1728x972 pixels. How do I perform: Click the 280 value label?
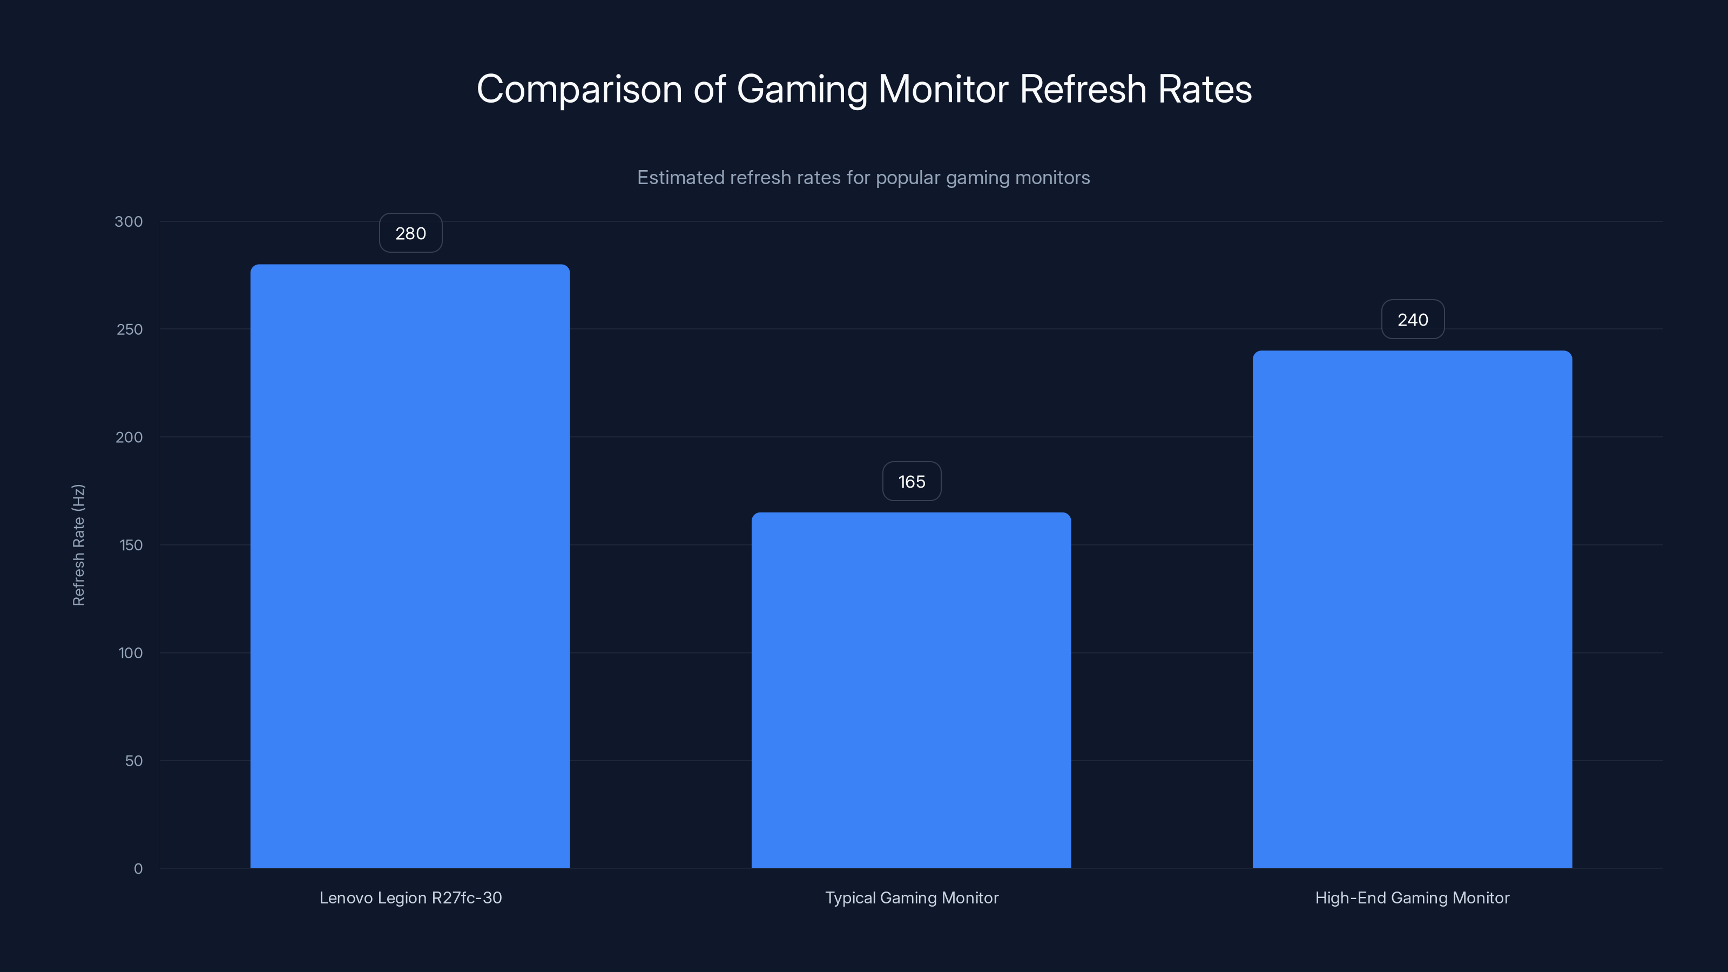(410, 233)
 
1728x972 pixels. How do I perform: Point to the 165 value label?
(912, 482)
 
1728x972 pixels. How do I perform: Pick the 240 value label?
(1413, 320)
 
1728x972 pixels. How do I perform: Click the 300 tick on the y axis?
(129, 222)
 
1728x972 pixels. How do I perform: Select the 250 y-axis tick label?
(130, 329)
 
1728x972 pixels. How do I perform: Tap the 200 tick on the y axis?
(130, 437)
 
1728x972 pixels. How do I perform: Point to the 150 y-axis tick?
(131, 545)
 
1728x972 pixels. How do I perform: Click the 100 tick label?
(131, 653)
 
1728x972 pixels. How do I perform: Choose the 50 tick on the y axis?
(133, 761)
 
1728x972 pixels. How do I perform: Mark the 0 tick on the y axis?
(138, 869)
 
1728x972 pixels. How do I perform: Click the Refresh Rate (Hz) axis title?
(78, 545)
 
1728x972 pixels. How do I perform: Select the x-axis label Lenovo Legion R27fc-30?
(410, 897)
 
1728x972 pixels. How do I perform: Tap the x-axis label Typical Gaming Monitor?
(912, 897)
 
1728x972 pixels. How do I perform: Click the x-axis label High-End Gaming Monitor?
(1412, 897)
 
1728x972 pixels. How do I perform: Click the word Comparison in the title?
(579, 89)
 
